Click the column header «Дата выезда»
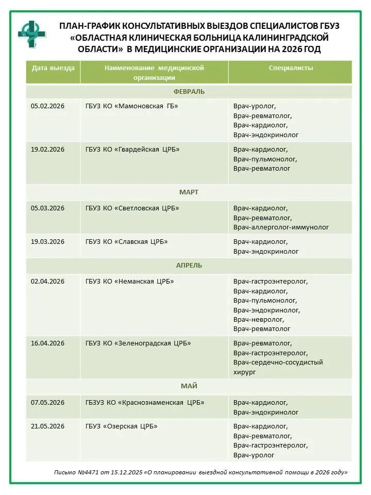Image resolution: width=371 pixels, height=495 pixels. (53, 68)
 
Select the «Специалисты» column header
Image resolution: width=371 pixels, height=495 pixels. (291, 68)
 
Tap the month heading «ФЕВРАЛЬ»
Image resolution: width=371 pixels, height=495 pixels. (189, 92)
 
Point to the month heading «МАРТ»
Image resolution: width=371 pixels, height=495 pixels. (189, 192)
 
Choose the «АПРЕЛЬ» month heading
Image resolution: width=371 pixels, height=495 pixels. (189, 266)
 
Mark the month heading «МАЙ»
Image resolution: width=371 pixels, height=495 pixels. (189, 386)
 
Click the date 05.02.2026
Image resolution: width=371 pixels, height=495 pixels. (47, 106)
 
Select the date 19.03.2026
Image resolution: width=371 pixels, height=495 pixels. (47, 242)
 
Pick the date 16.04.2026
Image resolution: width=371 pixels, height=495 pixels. (47, 343)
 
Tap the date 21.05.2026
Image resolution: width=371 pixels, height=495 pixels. (47, 426)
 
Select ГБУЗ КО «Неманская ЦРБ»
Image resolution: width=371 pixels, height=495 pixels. (130, 282)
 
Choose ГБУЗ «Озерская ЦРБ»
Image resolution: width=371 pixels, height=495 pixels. (122, 426)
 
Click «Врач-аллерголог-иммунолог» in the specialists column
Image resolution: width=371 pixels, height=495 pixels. (281, 227)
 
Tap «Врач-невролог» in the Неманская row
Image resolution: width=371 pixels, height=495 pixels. (259, 320)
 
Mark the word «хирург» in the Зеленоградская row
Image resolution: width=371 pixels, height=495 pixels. (245, 372)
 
